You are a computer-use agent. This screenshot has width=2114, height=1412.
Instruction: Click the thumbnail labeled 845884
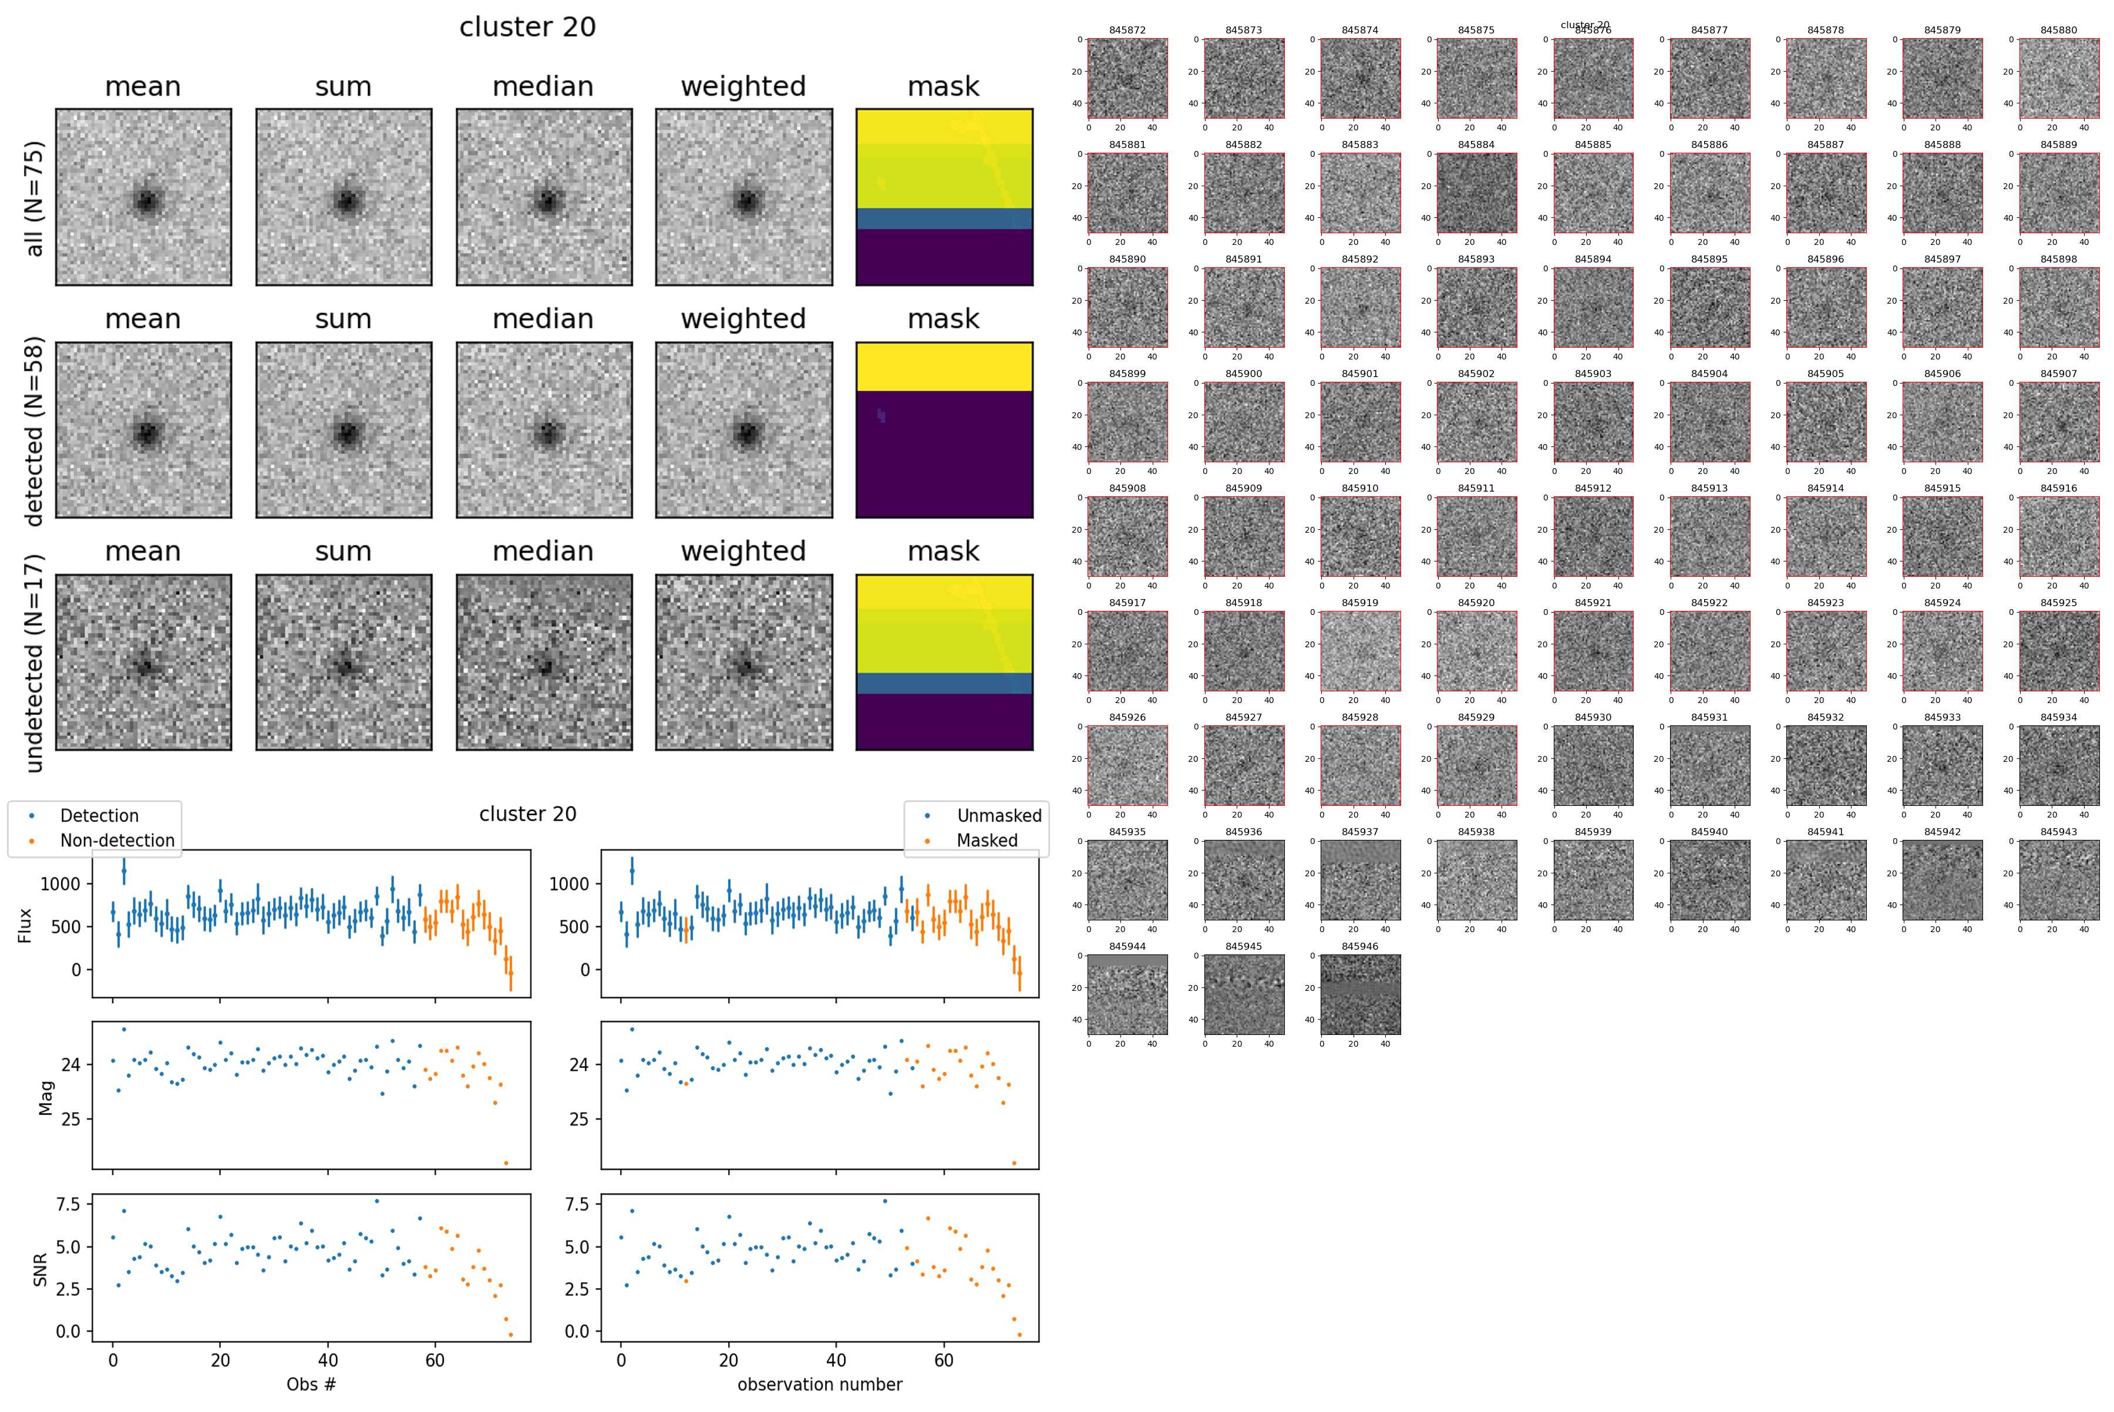1476,193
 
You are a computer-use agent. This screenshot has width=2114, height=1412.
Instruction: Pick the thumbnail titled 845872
1127,78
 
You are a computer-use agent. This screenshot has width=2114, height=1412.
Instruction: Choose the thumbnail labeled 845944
1127,994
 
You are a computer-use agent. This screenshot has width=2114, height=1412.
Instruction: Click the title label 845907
2058,374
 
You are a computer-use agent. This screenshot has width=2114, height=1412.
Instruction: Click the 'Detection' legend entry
99,816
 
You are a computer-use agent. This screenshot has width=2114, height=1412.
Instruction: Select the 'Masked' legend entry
987,840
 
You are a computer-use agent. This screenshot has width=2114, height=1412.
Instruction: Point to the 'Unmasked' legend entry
998,816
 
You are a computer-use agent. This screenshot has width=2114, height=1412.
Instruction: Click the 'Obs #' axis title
311,1384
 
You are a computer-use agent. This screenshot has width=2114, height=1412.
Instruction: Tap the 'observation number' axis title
819,1384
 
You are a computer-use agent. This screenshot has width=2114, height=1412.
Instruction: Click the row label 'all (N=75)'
34,198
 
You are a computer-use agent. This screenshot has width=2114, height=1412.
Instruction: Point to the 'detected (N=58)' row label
34,431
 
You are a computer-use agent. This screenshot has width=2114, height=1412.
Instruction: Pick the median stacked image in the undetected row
544,662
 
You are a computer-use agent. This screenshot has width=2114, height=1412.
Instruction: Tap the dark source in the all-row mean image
146,200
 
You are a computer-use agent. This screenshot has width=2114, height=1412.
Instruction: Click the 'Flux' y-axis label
25,925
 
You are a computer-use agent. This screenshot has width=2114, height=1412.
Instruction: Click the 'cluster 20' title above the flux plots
527,814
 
